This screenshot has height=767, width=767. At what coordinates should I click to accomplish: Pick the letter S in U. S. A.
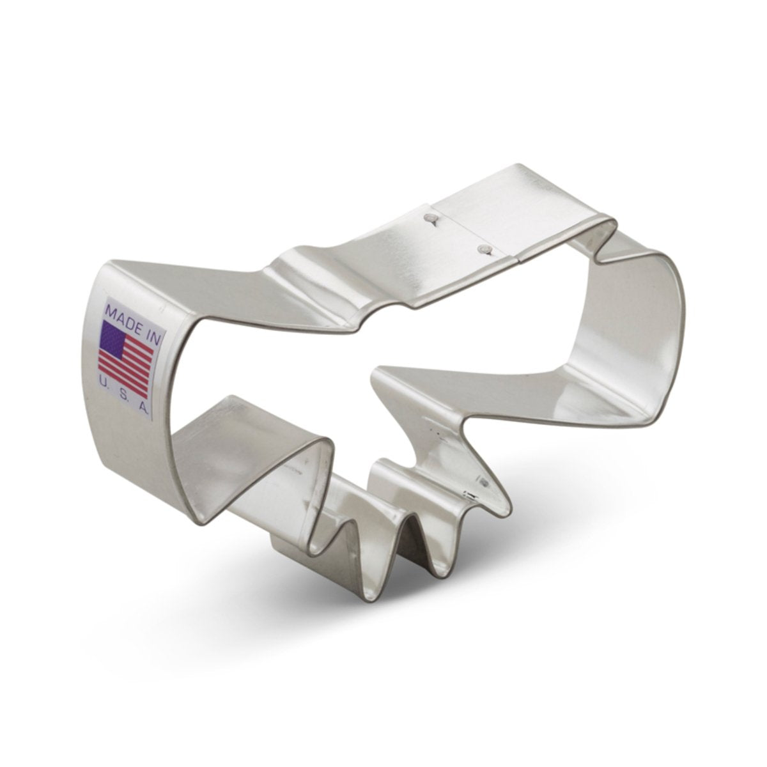pyautogui.click(x=124, y=387)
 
